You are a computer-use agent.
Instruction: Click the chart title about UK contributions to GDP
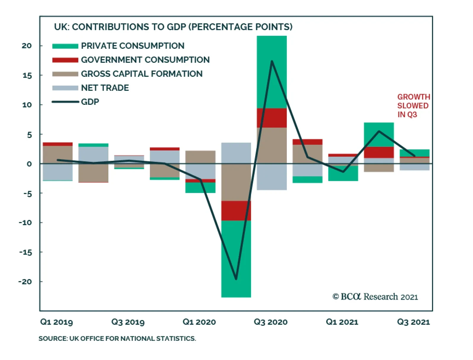pyautogui.click(x=173, y=27)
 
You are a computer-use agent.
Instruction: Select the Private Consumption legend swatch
pyautogui.click(x=65, y=46)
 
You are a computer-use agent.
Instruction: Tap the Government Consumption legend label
pyautogui.click(x=145, y=60)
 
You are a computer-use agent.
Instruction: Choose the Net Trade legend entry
pyautogui.click(x=105, y=88)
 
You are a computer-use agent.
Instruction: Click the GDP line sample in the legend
pyautogui.click(x=65, y=102)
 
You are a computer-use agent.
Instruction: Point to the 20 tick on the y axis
pyautogui.click(x=27, y=46)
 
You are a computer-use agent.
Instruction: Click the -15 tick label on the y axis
pyautogui.click(x=25, y=252)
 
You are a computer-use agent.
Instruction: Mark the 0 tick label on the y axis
pyautogui.click(x=29, y=164)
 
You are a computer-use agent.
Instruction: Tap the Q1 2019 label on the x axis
pyautogui.click(x=56, y=322)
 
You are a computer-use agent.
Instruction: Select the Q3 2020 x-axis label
pyautogui.click(x=270, y=322)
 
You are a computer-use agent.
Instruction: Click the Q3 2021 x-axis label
pyautogui.click(x=413, y=322)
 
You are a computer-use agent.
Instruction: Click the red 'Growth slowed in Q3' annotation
pyautogui.click(x=413, y=106)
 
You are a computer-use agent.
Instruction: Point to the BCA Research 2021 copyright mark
pyautogui.click(x=375, y=297)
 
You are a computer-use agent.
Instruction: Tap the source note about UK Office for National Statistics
pyautogui.click(x=117, y=339)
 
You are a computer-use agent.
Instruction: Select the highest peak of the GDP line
pyautogui.click(x=272, y=61)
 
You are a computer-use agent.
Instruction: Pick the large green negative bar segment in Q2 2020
pyautogui.click(x=236, y=259)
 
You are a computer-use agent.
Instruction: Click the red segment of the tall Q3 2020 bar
pyautogui.click(x=272, y=118)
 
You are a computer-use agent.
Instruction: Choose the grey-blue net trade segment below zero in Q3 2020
pyautogui.click(x=272, y=176)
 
